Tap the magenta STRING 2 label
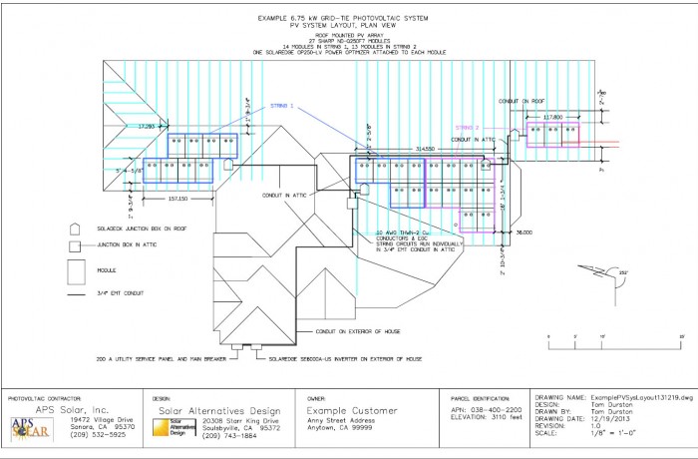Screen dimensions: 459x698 [468, 127]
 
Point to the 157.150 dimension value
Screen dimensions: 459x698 [178, 198]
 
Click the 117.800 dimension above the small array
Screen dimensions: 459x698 [554, 117]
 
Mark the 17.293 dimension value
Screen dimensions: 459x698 [148, 127]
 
